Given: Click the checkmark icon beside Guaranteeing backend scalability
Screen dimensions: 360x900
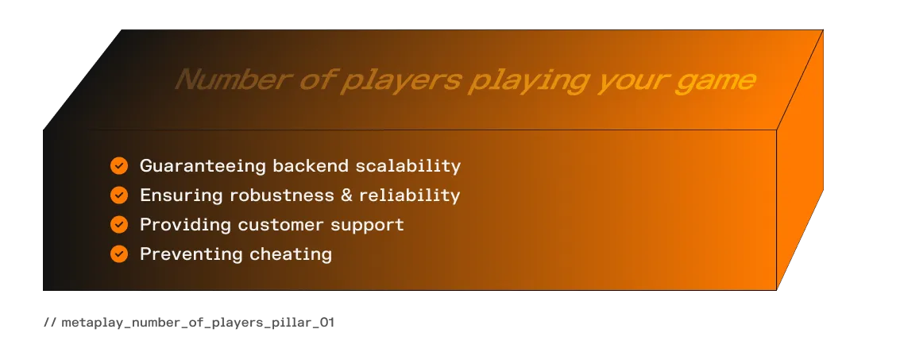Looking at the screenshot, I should pyautogui.click(x=119, y=165).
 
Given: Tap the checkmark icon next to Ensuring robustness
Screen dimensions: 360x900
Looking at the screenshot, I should pyautogui.click(x=119, y=195).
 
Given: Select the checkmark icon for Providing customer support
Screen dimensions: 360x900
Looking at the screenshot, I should pyautogui.click(x=119, y=224).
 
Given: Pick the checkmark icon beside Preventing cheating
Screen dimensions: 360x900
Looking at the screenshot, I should pyautogui.click(x=119, y=254).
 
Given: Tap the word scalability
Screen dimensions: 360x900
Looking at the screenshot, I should pyautogui.click(x=408, y=166).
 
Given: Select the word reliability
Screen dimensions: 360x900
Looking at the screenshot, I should pyautogui.click(x=411, y=195).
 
